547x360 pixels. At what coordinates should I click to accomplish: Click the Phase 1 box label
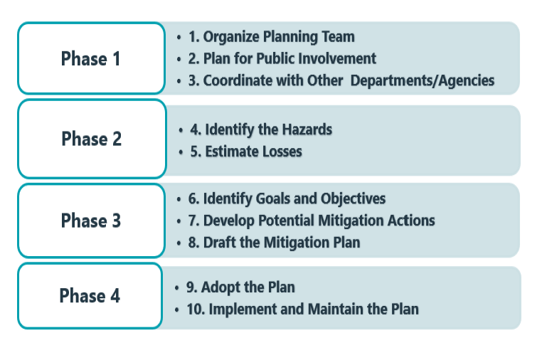click(91, 58)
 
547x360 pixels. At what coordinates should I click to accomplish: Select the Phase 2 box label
click(91, 139)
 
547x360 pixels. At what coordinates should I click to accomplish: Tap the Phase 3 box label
click(91, 221)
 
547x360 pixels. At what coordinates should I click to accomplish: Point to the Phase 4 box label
click(90, 295)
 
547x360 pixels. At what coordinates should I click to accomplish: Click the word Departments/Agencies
click(423, 80)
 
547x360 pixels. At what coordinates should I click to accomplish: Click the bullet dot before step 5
click(181, 152)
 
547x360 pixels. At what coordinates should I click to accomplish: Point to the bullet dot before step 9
click(177, 288)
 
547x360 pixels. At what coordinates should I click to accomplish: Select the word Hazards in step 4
click(307, 129)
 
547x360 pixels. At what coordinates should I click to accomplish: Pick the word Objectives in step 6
click(353, 198)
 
